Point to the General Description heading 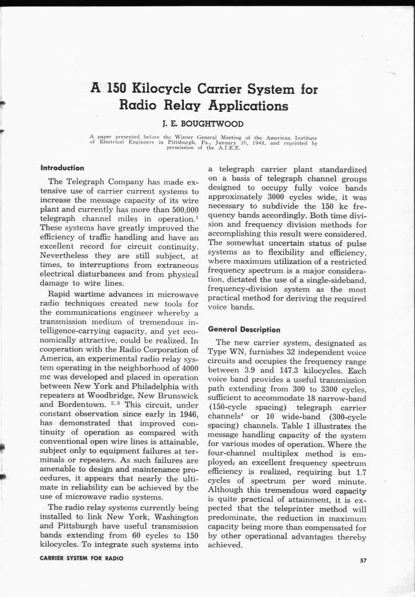(244, 329)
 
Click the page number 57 (363, 560)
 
